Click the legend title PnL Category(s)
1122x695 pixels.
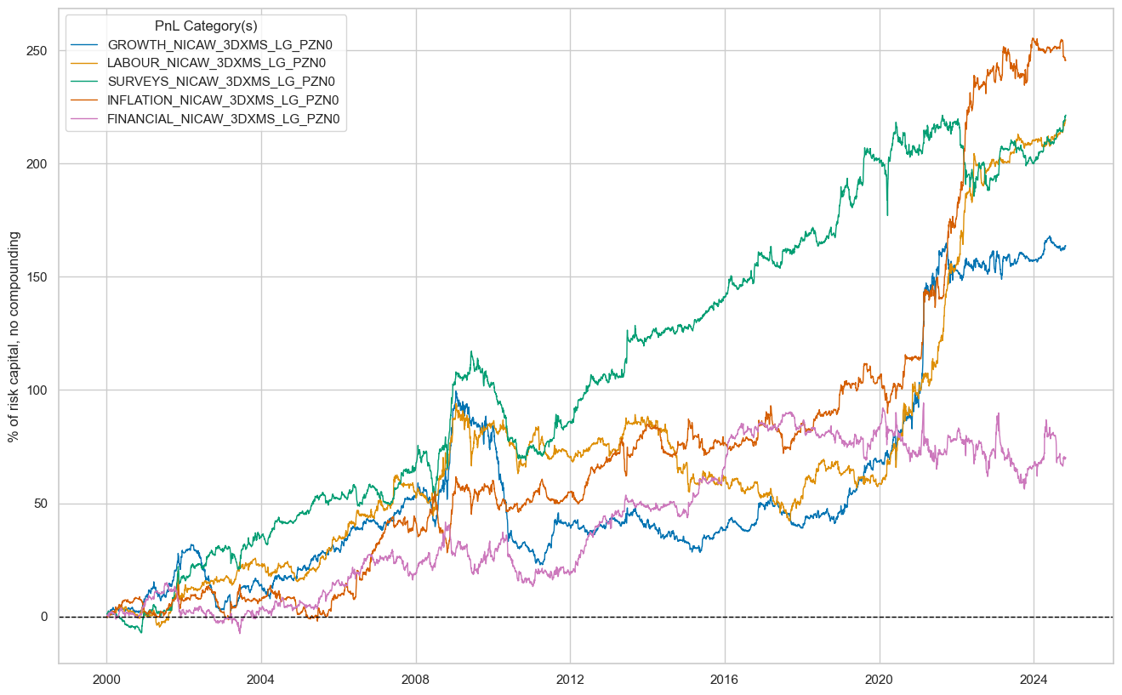(x=206, y=26)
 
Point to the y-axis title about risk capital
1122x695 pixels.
(x=14, y=337)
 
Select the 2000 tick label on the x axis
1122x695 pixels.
(x=106, y=680)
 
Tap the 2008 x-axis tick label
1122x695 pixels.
(x=415, y=680)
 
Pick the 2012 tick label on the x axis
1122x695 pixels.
(x=570, y=680)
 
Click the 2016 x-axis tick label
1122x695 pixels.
(x=724, y=680)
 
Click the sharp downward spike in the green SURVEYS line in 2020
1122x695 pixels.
(x=887, y=214)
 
